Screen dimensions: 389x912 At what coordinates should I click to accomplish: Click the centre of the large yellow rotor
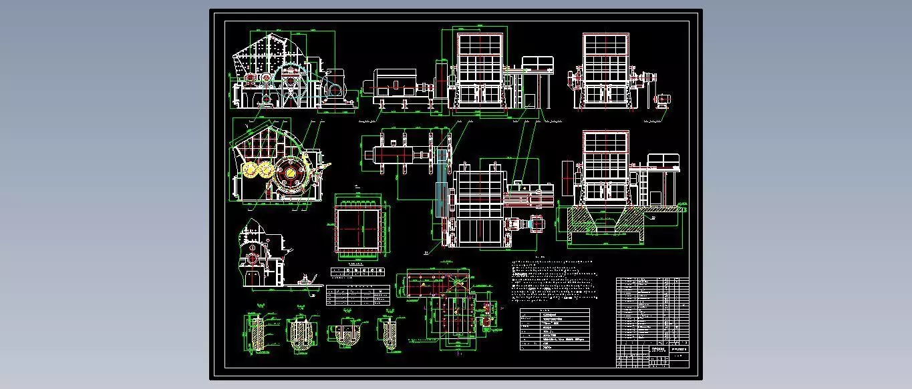[291, 175]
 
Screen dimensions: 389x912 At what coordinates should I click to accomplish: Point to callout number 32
[653, 217]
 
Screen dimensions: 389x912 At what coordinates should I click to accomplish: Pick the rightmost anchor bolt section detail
[388, 332]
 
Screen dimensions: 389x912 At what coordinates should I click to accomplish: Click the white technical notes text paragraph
[553, 280]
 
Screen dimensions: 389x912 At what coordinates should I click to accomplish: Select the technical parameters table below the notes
[555, 329]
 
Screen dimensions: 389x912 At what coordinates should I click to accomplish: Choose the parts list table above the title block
[652, 310]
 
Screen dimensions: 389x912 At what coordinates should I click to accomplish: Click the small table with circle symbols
[357, 272]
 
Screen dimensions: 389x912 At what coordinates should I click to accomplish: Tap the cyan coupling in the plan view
[535, 224]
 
